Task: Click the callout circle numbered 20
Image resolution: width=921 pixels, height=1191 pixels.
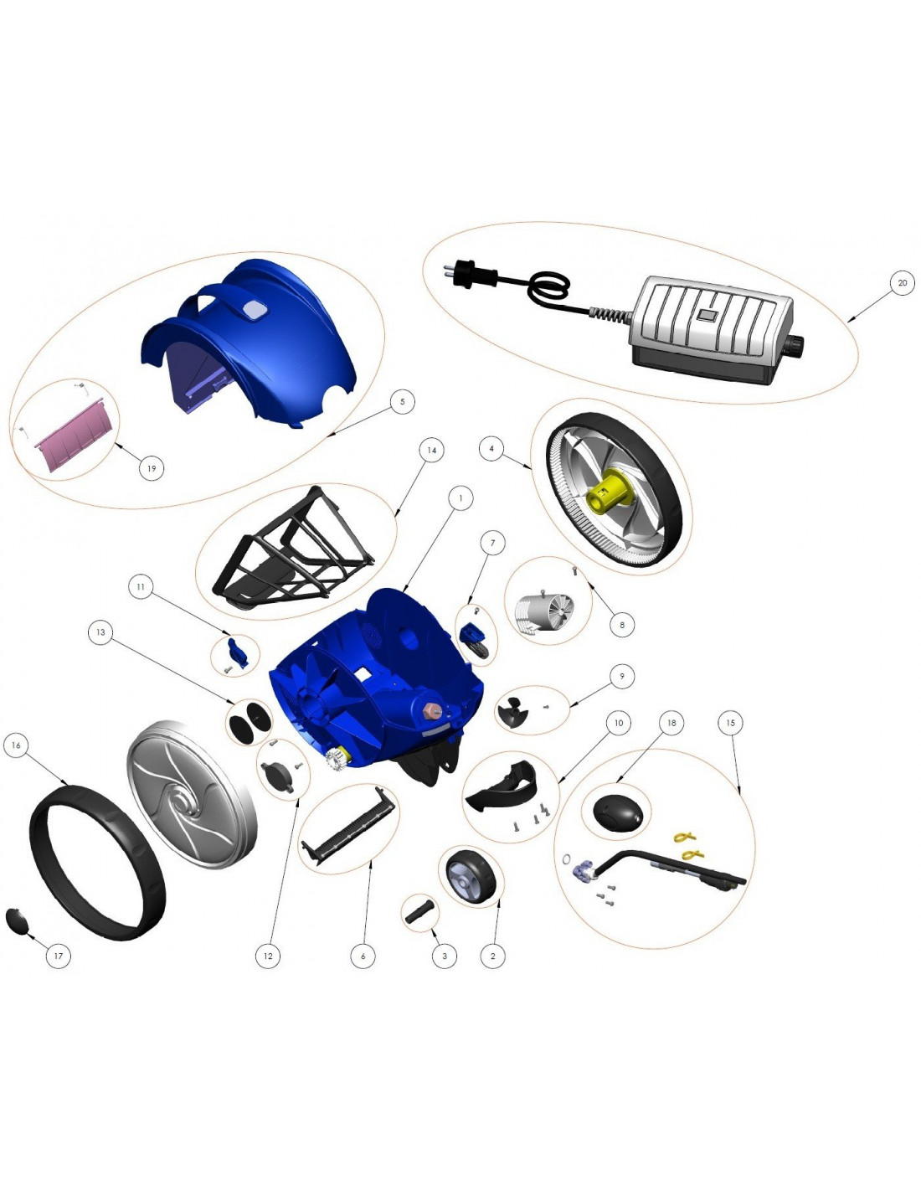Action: (x=902, y=283)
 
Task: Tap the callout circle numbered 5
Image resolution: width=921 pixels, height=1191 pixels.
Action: (x=402, y=402)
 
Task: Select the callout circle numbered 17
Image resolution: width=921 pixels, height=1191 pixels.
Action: (x=58, y=956)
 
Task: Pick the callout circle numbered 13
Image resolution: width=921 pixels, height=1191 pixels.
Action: (x=100, y=632)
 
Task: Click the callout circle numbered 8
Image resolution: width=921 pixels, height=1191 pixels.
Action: (x=622, y=624)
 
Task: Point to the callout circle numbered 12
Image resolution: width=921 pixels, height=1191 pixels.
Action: (x=267, y=956)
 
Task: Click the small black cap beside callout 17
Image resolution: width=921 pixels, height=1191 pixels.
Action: (x=16, y=920)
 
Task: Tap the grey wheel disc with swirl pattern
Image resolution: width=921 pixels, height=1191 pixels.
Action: (x=191, y=795)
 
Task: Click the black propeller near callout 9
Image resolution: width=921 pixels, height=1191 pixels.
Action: (x=512, y=711)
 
